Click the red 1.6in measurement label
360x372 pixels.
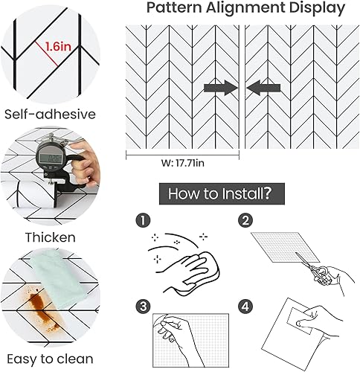58,46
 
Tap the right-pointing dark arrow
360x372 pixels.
221,88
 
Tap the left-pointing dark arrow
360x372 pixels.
263,88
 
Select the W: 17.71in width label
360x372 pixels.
183,163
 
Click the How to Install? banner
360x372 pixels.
222,193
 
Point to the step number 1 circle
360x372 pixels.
143,220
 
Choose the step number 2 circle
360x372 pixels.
245,220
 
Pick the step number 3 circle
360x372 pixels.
143,307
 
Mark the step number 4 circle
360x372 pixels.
245,307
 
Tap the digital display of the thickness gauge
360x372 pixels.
52,158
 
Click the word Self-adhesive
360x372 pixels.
50,115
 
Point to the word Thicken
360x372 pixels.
51,237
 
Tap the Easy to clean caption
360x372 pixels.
50,359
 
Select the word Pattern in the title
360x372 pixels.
174,7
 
